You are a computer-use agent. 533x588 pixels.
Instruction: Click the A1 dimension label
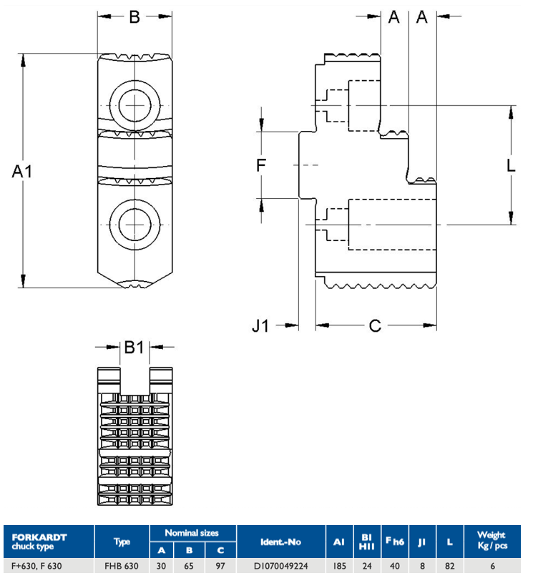click(x=22, y=172)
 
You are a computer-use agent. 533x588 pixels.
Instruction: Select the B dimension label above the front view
click(x=135, y=17)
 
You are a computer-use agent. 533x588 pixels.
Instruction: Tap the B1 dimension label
click(x=134, y=347)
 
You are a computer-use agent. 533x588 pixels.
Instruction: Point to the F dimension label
click(x=261, y=165)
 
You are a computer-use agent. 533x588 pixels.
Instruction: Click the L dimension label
click(x=511, y=165)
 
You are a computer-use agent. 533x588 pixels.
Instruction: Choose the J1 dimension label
click(x=260, y=325)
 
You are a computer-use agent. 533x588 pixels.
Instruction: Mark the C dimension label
click(x=375, y=325)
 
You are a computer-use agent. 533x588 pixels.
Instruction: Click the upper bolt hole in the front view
click(x=135, y=105)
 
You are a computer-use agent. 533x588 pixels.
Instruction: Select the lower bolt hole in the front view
click(x=135, y=225)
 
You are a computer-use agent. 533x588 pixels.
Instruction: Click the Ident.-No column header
click(x=280, y=542)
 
